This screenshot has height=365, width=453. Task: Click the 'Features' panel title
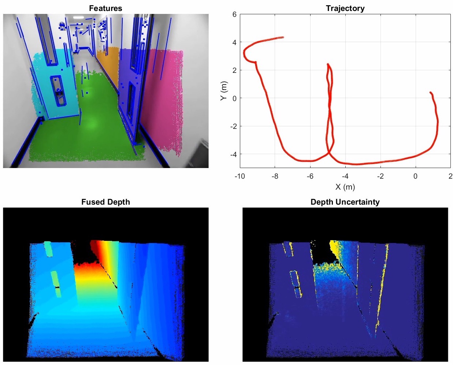coord(105,8)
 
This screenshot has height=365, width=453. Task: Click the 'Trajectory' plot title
coord(345,8)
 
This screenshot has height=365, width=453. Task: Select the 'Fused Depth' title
coord(105,202)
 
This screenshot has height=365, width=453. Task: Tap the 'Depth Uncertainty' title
coord(345,202)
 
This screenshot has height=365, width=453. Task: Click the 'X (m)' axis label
coord(345,187)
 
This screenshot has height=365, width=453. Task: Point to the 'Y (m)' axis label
coord(224,91)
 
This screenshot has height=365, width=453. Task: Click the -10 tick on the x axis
coord(240,176)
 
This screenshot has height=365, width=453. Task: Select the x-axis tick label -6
coord(310,176)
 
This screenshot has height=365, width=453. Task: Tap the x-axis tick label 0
coord(416,176)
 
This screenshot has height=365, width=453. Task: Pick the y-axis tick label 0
coord(234,98)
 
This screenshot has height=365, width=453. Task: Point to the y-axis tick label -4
coord(233,154)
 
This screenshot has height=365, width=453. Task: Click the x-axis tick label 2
coord(450,176)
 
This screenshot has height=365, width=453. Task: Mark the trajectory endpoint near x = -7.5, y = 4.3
coord(283,37)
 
